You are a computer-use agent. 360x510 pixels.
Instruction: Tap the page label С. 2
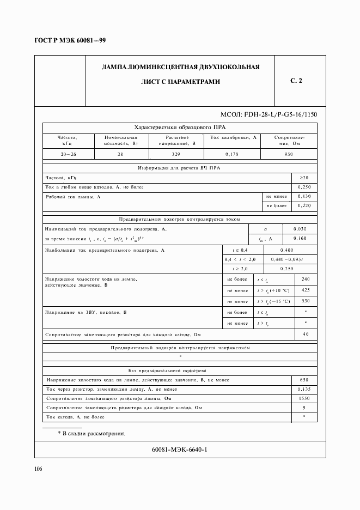(296, 81)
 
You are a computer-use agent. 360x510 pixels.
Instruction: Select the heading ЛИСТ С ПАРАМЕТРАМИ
(180, 82)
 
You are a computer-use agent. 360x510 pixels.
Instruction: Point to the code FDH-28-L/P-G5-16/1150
(269, 114)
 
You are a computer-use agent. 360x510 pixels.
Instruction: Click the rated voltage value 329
(176, 154)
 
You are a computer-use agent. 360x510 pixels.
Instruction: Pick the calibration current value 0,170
(231, 154)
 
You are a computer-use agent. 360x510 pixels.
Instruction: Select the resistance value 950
(289, 154)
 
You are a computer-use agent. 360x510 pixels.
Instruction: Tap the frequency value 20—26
(68, 154)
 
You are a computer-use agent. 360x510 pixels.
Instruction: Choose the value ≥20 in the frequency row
(304, 178)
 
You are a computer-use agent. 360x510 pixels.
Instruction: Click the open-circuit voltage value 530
(305, 301)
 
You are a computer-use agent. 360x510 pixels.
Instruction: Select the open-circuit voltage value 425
(305, 290)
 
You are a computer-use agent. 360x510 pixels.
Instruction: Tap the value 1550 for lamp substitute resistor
(304, 399)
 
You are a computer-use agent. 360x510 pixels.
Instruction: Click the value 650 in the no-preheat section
(304, 380)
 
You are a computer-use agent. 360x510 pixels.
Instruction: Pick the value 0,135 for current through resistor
(304, 390)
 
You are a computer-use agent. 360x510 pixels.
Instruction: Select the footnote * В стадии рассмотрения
(91, 434)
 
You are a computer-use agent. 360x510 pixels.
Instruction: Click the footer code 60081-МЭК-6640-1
(180, 450)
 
